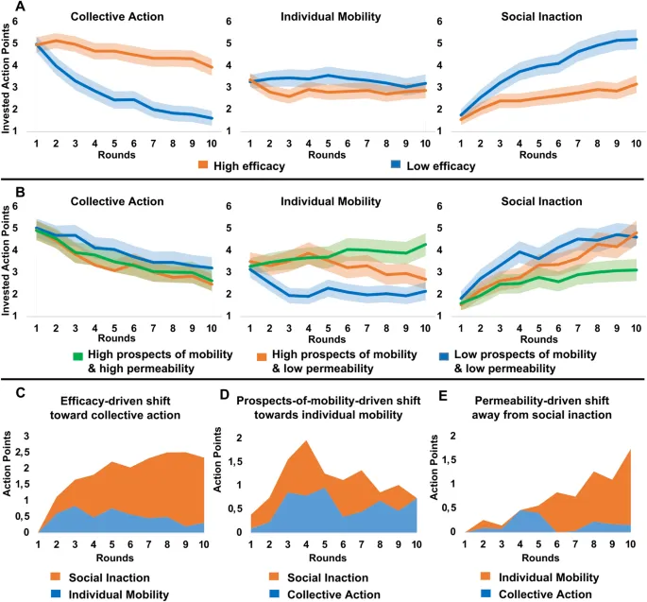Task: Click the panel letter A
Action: (10, 8)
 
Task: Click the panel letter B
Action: (10, 190)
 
